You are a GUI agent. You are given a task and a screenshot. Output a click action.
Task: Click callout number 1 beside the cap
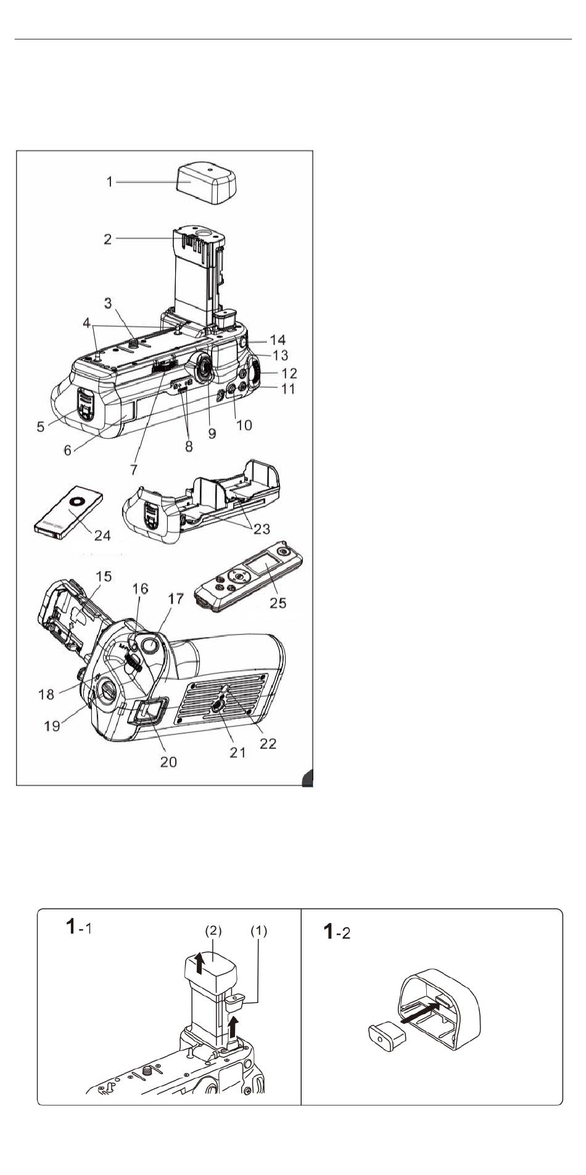[x=110, y=182]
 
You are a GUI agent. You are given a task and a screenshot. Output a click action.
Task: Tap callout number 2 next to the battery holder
[x=108, y=239]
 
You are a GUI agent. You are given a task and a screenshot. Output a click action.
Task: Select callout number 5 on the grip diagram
[x=41, y=426]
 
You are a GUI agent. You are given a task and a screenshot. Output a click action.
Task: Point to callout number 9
[x=212, y=433]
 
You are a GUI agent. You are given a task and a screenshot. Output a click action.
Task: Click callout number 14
[x=278, y=340]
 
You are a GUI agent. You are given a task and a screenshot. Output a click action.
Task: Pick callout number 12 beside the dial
[x=289, y=373]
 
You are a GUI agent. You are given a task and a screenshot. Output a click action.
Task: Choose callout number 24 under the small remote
[x=102, y=534]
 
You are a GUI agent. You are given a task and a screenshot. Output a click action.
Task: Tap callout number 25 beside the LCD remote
[x=278, y=602]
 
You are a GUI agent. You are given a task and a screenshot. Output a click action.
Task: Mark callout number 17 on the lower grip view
[x=176, y=599]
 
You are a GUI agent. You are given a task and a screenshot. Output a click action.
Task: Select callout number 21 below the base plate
[x=238, y=752]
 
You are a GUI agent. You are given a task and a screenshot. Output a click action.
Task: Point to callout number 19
[x=52, y=726]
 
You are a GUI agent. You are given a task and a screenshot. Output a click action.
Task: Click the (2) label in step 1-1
[x=213, y=930]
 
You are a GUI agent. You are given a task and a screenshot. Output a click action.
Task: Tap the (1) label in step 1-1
[x=258, y=931]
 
